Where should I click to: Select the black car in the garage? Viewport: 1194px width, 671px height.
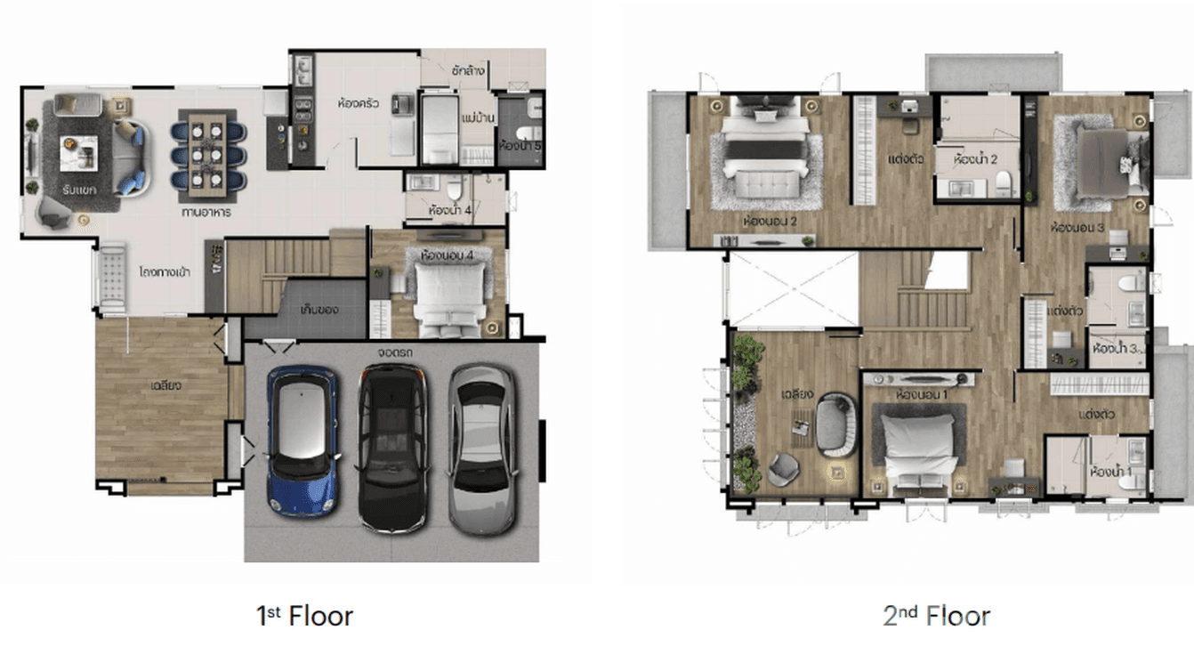click(x=392, y=446)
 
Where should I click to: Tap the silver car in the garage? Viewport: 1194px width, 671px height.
click(x=481, y=446)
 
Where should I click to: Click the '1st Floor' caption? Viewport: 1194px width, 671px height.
click(x=305, y=616)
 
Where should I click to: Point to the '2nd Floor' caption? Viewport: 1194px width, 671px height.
click(x=936, y=616)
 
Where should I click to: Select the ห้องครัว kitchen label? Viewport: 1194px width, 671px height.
click(x=359, y=103)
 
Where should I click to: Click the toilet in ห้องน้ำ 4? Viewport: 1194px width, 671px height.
click(x=455, y=189)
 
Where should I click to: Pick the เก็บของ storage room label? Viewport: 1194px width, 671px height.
click(x=320, y=310)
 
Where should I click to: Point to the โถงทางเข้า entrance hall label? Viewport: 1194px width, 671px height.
click(x=162, y=273)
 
